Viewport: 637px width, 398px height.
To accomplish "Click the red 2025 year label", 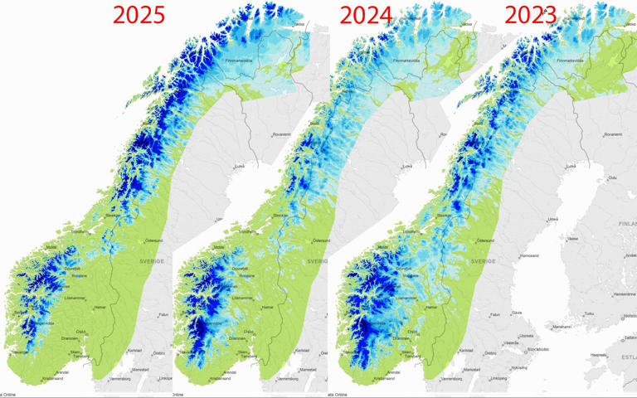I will [139, 16].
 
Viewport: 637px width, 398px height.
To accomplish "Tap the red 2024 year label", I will [366, 16].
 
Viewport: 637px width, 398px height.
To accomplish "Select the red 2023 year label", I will [531, 16].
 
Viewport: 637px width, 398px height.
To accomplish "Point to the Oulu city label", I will [612, 177].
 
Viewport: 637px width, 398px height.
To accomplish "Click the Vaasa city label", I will [572, 238].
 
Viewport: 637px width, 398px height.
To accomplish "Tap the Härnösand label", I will [528, 256].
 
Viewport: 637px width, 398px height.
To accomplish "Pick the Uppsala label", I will [526, 335].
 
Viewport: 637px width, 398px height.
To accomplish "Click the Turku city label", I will [590, 313].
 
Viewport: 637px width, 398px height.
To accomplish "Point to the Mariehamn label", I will [562, 327].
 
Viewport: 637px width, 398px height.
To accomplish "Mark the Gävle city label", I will [517, 313].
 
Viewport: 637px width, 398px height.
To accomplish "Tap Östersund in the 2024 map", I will [320, 240].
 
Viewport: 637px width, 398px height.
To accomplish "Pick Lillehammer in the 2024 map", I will [243, 298].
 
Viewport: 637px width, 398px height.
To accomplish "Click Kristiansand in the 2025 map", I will [52, 378].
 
